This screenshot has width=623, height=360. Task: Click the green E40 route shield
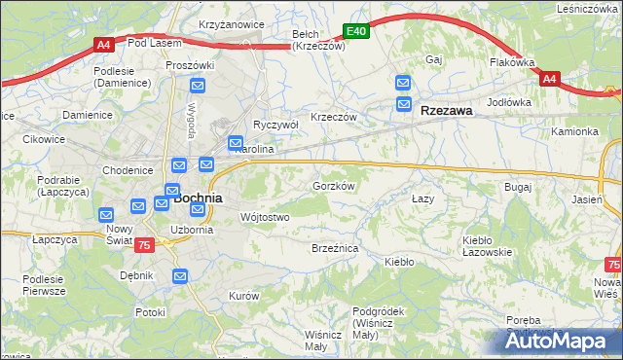point(356,31)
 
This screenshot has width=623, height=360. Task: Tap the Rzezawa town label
point(447,111)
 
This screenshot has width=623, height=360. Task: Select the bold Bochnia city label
point(199,198)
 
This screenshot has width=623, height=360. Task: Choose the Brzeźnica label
point(335,249)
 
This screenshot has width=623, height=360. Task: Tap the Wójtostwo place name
point(264,217)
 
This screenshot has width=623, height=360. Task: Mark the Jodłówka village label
point(509,102)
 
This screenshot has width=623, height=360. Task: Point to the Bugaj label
point(517,185)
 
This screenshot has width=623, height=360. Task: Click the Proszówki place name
point(189,65)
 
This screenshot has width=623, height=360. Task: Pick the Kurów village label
point(243,295)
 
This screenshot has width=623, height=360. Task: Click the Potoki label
point(150,312)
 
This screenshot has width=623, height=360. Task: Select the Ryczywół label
point(275,126)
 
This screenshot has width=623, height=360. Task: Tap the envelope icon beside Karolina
point(236,144)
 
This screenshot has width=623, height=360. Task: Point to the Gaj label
point(434,59)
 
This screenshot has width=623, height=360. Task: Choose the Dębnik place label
point(137,275)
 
